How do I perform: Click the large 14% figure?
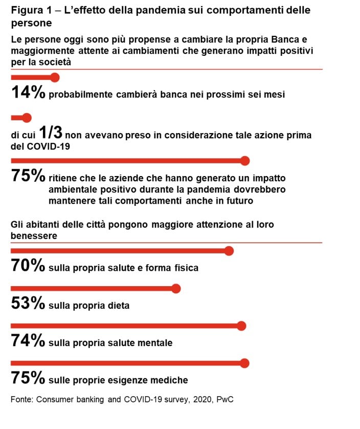29,93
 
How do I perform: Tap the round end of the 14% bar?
55,77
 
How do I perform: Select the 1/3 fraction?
51,133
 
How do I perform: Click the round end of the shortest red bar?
27,118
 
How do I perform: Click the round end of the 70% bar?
229,251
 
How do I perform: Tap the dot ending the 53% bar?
176,289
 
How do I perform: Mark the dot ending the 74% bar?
241,326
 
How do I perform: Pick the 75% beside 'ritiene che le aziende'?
29,177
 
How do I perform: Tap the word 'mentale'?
155,343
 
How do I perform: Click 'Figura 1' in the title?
29,10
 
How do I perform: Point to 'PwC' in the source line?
224,399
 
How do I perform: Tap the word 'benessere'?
34,235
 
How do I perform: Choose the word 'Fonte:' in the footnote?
22,399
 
